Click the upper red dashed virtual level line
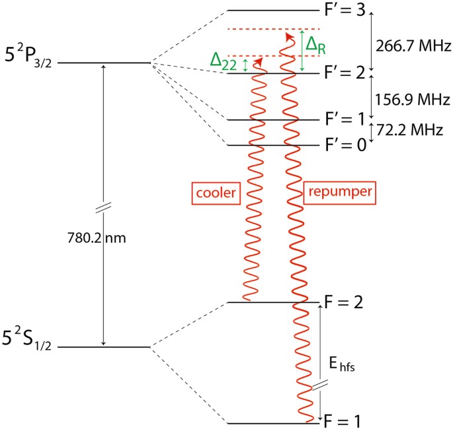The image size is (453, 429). [274, 29]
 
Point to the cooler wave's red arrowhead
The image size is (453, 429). [257, 60]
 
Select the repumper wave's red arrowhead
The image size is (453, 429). [288, 35]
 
